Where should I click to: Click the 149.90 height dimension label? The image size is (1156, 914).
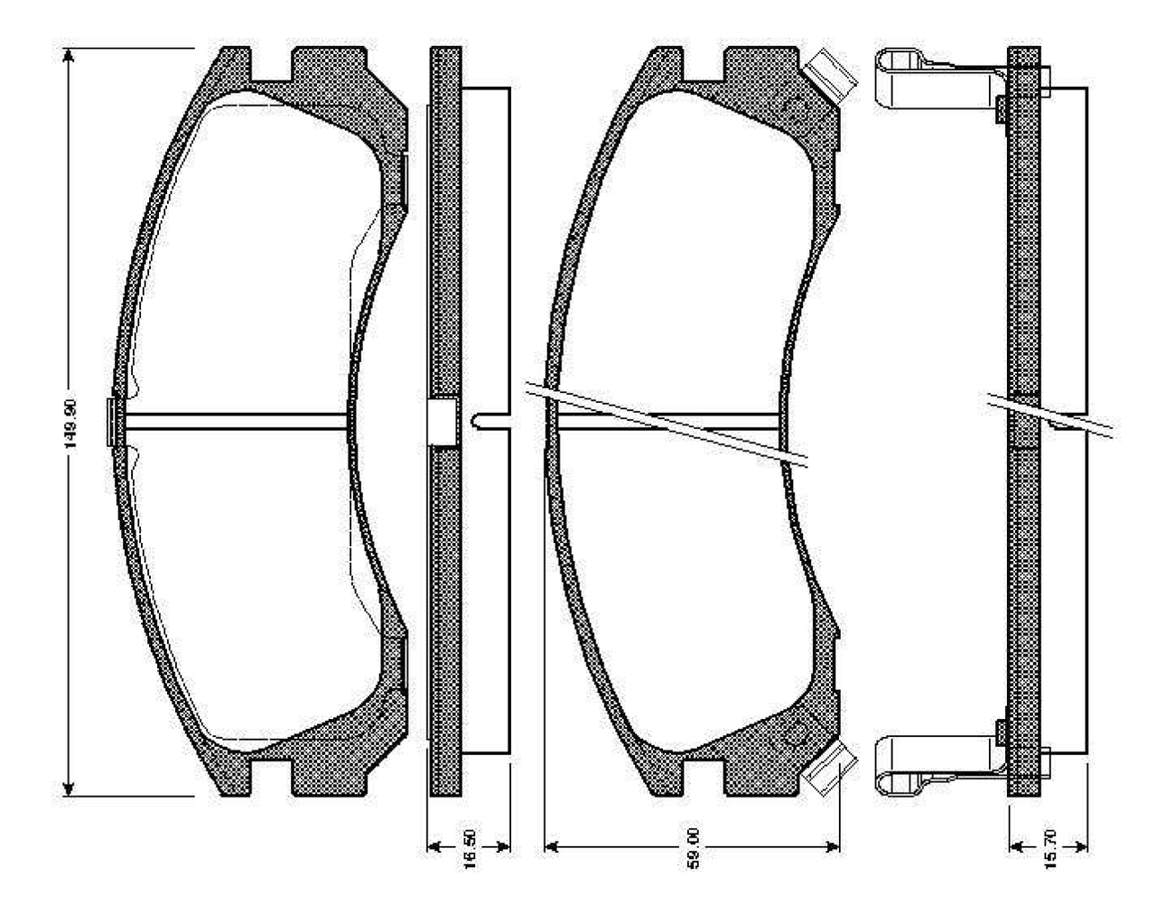click(x=79, y=424)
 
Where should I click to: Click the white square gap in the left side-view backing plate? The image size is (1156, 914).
click(x=442, y=423)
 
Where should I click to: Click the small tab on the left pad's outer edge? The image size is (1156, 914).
click(x=111, y=422)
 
